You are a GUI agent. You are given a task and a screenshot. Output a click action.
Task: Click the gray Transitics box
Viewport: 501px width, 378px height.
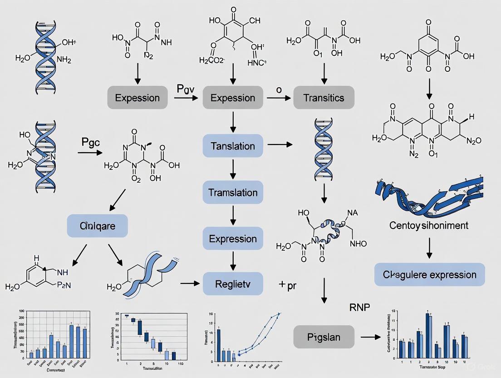pos(324,98)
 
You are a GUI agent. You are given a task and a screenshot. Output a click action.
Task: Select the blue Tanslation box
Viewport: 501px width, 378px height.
pos(233,146)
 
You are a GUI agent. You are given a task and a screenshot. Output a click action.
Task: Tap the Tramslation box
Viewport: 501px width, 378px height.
pos(233,193)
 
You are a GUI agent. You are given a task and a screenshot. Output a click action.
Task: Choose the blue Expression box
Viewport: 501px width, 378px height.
pos(233,239)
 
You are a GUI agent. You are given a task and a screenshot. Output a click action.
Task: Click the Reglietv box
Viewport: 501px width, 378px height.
pos(233,284)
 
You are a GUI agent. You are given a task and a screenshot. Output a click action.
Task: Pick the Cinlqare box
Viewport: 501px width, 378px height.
pos(98,226)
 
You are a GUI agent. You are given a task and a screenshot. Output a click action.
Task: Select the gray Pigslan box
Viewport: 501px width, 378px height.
pos(323,338)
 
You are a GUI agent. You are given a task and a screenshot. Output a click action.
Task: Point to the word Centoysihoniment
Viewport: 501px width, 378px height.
pos(429,225)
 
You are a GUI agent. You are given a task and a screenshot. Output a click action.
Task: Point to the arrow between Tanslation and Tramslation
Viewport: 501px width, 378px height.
pos(233,169)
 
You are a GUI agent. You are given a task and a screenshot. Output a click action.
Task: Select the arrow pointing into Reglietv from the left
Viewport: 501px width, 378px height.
pos(190,283)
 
